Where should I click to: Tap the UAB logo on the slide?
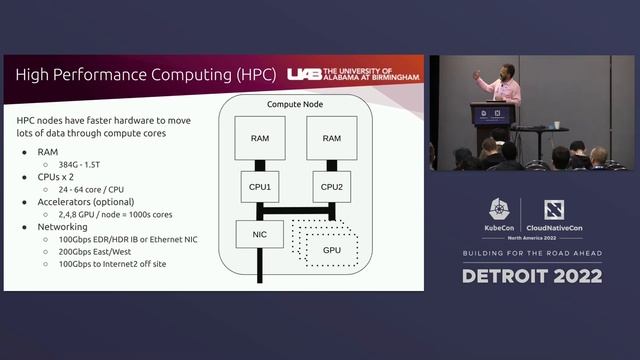(x=352, y=75)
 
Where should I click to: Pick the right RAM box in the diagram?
(x=331, y=139)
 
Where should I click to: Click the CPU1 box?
(x=259, y=187)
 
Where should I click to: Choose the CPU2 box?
(x=331, y=187)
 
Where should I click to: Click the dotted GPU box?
(x=331, y=249)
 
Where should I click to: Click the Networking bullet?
(x=65, y=227)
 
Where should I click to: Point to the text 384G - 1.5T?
(x=86, y=164)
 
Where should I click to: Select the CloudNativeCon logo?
(x=555, y=216)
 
